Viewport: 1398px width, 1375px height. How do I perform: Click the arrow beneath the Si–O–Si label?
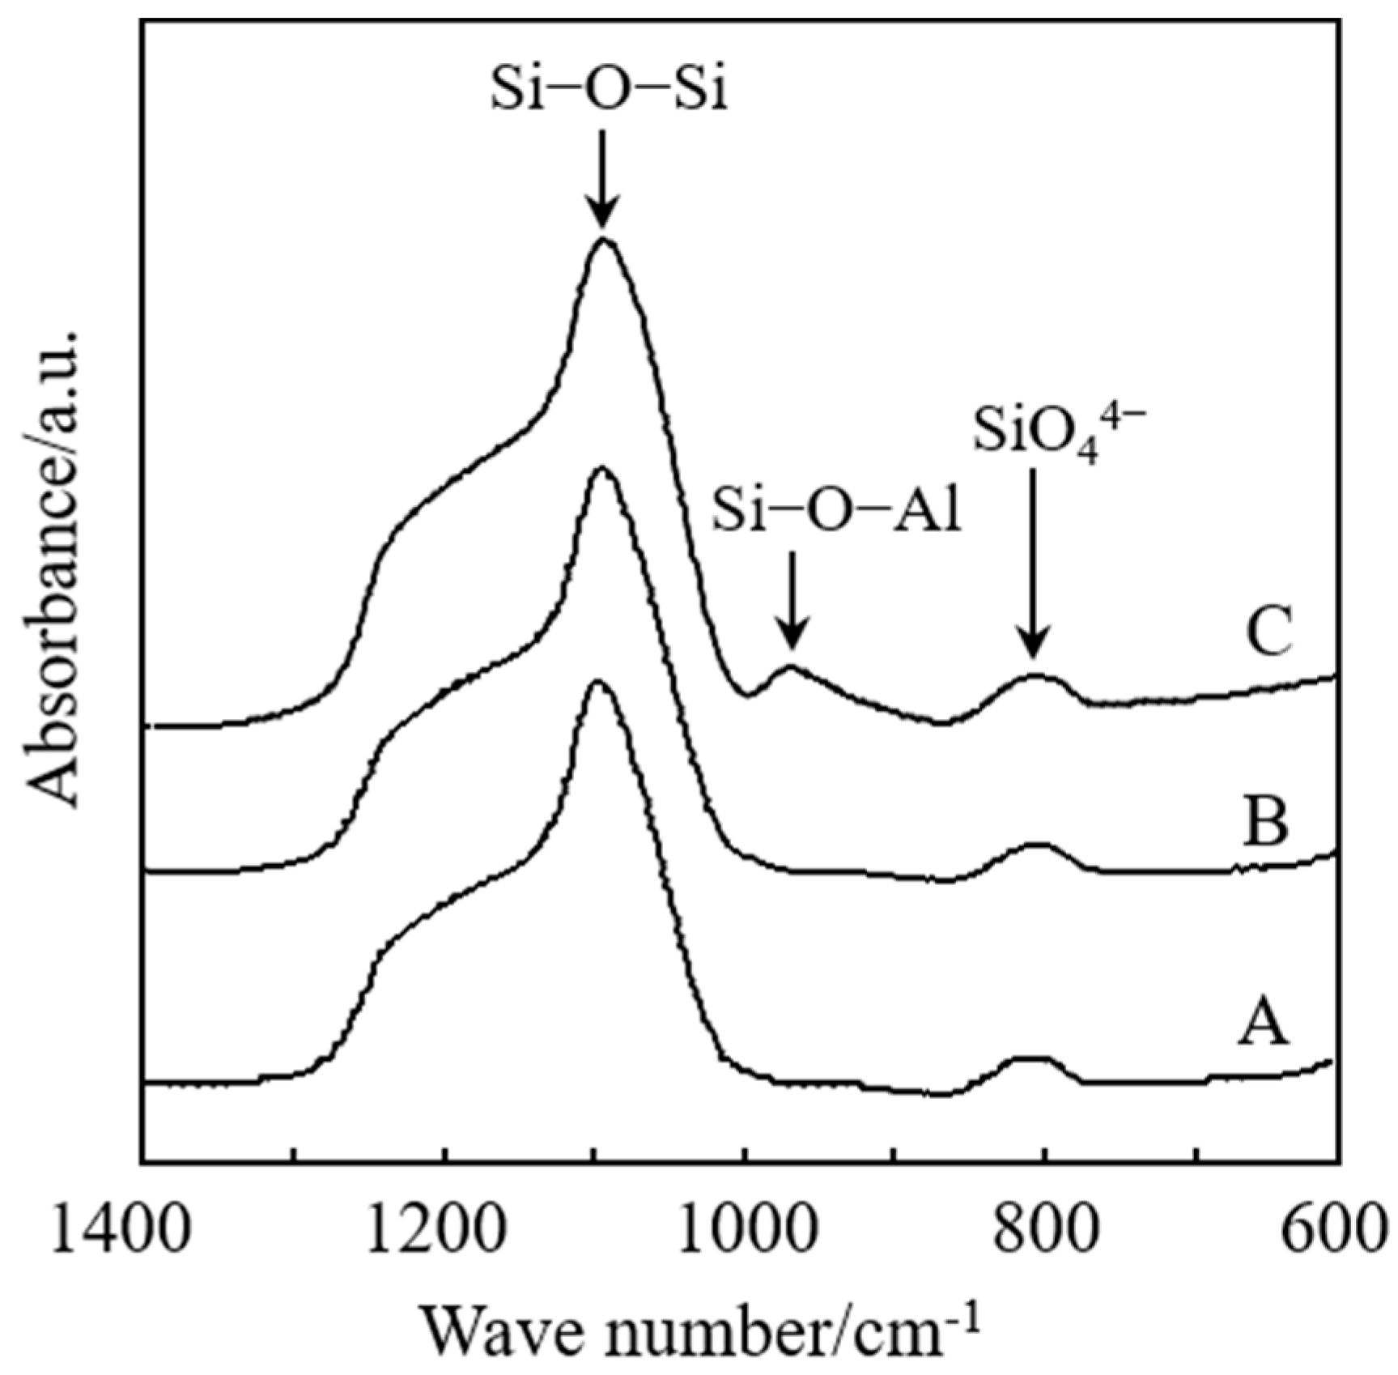tap(601, 178)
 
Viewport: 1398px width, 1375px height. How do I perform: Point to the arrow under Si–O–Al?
tap(792, 599)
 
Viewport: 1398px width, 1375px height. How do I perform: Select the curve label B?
tap(1265, 823)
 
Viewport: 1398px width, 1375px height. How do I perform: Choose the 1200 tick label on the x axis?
tap(438, 1228)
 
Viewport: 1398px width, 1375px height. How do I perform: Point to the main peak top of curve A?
tap(597, 682)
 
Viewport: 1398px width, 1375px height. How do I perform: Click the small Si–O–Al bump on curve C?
tap(789, 667)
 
